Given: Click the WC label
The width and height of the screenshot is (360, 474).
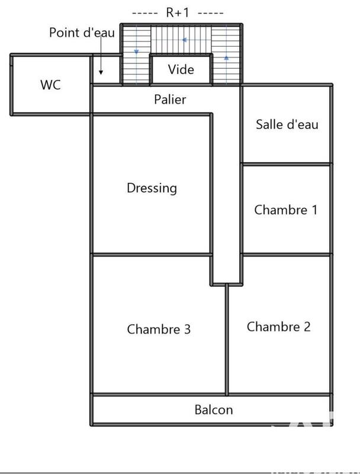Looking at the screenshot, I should (50, 85).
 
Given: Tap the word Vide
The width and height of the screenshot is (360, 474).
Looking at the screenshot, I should (181, 69).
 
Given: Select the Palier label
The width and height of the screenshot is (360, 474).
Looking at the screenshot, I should (170, 100).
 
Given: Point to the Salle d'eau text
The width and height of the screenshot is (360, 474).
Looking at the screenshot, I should (287, 124).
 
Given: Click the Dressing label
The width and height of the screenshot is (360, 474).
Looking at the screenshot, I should (152, 188).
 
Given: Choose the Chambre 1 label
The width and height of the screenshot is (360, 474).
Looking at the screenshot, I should (286, 210).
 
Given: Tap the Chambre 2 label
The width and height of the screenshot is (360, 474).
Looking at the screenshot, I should (278, 326).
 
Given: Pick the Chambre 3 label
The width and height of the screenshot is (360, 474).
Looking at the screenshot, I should (159, 329).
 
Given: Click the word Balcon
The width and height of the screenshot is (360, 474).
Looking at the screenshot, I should (214, 409).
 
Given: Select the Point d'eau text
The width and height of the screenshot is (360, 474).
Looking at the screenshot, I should (82, 33).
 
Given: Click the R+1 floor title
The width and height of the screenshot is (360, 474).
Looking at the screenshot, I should (178, 12).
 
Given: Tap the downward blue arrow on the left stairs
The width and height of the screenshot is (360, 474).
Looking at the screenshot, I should (137, 52).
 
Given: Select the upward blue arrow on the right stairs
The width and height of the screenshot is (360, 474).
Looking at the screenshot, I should (226, 57).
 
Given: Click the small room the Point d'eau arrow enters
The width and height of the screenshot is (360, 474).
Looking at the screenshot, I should (105, 70).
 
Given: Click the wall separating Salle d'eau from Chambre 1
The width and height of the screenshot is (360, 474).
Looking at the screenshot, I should (286, 164).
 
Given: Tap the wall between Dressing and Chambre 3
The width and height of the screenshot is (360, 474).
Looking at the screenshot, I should (151, 255).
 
